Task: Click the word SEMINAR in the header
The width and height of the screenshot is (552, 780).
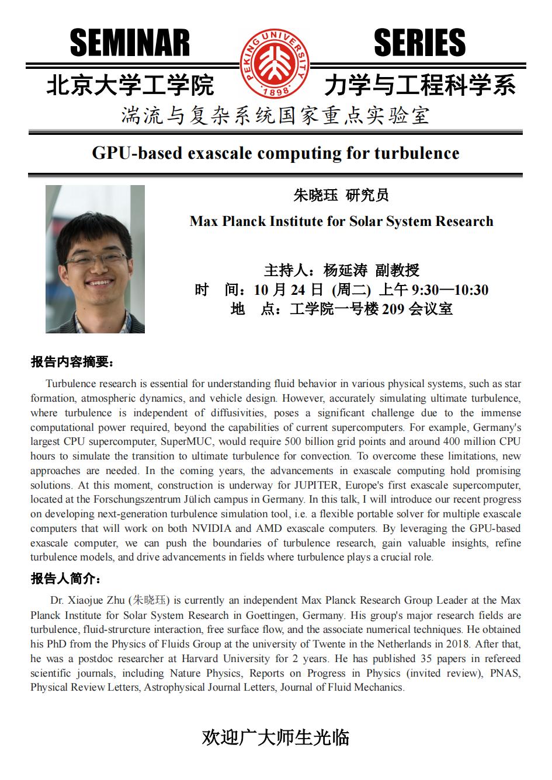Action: point(130,43)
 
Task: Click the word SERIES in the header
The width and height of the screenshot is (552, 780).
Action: point(419,43)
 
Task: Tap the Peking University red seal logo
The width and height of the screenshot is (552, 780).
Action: point(274,64)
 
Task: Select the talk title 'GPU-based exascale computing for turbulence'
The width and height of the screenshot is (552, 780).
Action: point(276,153)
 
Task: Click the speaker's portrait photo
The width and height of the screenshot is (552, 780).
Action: point(95,259)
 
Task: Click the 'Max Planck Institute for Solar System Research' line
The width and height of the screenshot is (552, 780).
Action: point(341,221)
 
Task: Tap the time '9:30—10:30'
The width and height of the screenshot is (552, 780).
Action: point(450,290)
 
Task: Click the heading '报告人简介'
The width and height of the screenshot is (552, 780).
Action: point(65,579)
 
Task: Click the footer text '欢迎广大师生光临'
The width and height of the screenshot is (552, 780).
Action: point(275,737)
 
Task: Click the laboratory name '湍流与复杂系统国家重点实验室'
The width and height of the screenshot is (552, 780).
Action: point(275,116)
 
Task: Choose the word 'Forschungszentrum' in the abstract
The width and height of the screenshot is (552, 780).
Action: point(146,500)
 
